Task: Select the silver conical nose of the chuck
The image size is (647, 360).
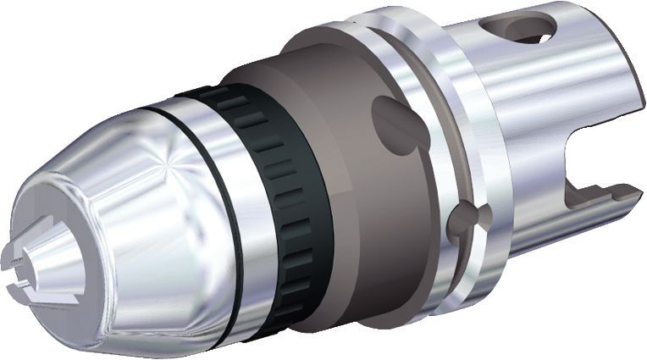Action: tap(127, 212)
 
